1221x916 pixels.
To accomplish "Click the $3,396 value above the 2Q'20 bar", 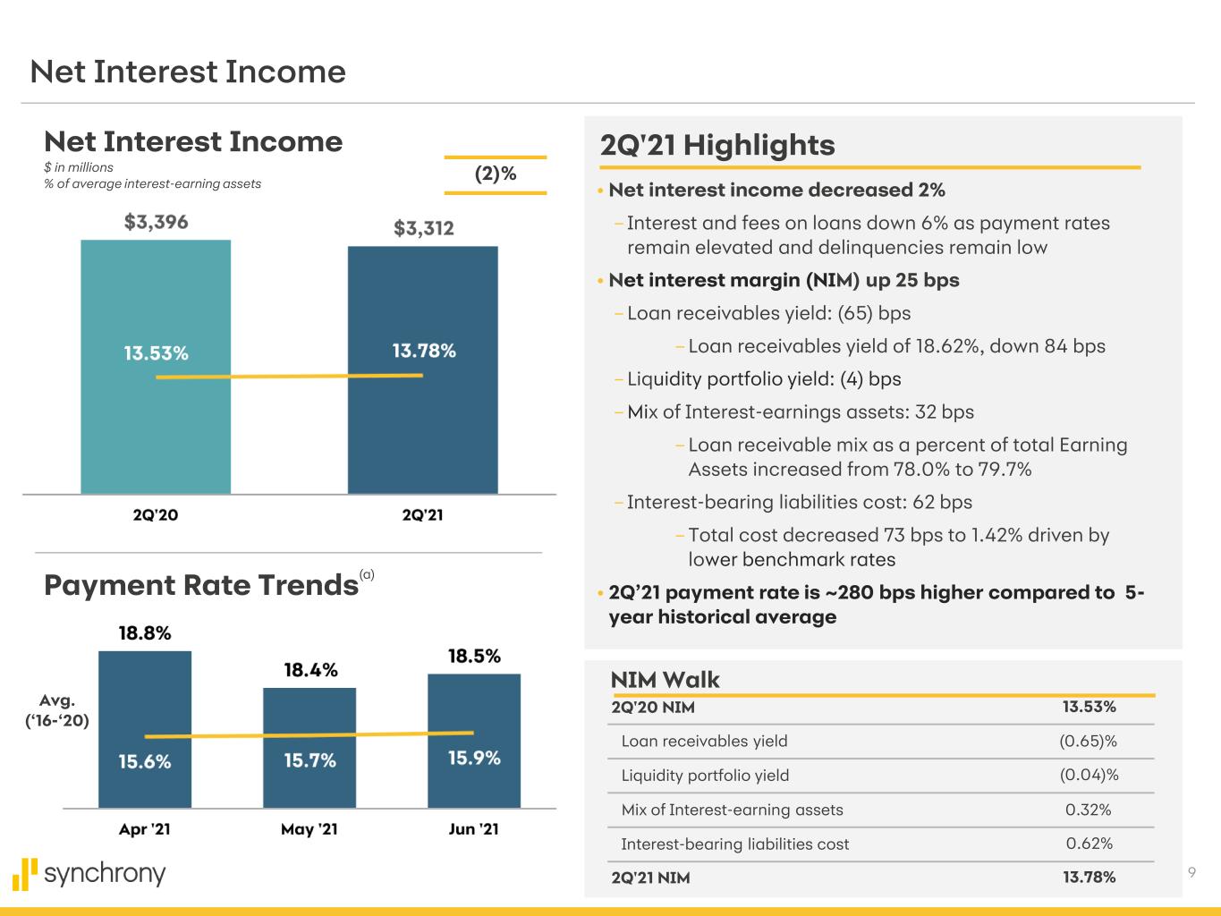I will pyautogui.click(x=156, y=222).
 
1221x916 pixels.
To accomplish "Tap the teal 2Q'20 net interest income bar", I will pyautogui.click(x=156, y=429).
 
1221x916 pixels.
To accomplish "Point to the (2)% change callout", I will pyautogui.click(x=495, y=174).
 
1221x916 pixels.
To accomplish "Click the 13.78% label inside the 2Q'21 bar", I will pyautogui.click(x=424, y=351).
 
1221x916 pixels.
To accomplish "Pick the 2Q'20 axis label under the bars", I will pyautogui.click(x=156, y=515).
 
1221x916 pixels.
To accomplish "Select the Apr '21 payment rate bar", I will pyautogui.click(x=145, y=698).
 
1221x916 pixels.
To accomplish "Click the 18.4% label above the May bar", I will pyautogui.click(x=310, y=670).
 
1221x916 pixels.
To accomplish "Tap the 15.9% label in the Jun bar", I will pyautogui.click(x=474, y=759).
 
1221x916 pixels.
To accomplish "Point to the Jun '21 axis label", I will pyautogui.click(x=474, y=829).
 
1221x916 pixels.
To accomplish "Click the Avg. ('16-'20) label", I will pyautogui.click(x=63, y=710).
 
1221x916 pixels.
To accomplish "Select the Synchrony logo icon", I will pyautogui.click(x=26, y=874).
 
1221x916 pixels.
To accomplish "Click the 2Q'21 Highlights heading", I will pyautogui.click(x=717, y=145).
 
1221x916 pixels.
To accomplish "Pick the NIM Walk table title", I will pyautogui.click(x=665, y=680).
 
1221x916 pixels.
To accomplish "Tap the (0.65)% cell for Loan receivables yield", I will pyautogui.click(x=1088, y=741).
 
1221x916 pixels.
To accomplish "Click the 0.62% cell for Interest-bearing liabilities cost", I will pyautogui.click(x=1089, y=844).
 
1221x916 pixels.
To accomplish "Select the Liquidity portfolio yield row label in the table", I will pyautogui.click(x=705, y=776).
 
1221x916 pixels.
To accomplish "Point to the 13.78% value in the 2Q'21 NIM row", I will pyautogui.click(x=1089, y=878).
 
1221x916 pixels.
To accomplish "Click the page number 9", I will pyautogui.click(x=1191, y=873).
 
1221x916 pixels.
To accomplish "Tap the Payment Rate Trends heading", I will pyautogui.click(x=201, y=585).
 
